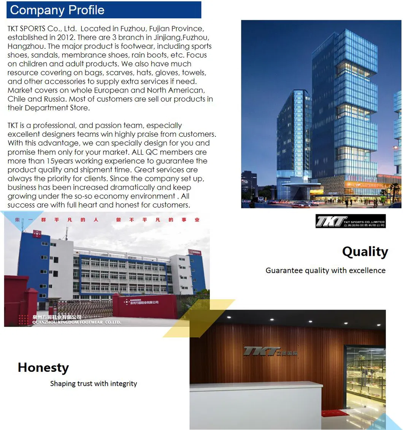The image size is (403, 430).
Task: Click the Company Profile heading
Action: [57, 10]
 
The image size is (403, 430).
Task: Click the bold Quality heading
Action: [365, 252]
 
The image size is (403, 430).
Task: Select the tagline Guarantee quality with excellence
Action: [325, 270]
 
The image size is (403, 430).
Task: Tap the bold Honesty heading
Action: [43, 368]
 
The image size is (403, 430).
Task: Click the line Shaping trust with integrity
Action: [94, 384]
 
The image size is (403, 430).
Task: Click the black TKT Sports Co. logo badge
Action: [350, 221]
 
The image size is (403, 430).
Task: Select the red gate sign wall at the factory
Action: [145, 305]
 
